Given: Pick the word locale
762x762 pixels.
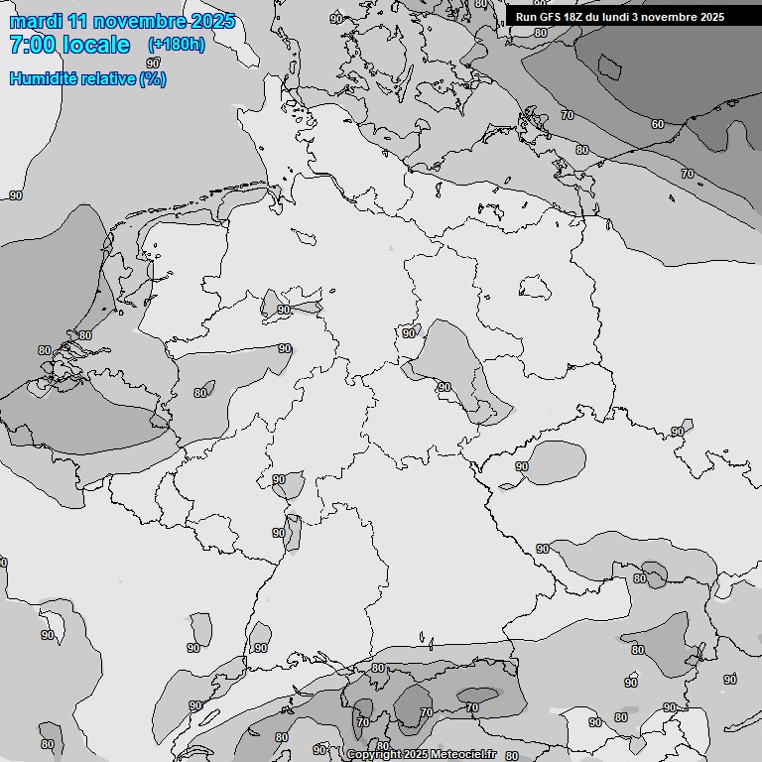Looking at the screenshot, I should [96, 45].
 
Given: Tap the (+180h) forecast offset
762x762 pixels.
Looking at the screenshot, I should [177, 45].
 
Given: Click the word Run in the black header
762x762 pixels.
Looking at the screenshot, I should [526, 17].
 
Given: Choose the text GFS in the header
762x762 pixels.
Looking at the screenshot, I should [551, 17].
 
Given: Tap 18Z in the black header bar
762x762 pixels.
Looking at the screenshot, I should [576, 17].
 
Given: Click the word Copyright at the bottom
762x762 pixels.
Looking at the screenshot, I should [374, 755].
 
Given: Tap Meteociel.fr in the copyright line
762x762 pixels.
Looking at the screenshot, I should [463, 755].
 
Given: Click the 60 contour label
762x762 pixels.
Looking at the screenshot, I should [658, 124].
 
